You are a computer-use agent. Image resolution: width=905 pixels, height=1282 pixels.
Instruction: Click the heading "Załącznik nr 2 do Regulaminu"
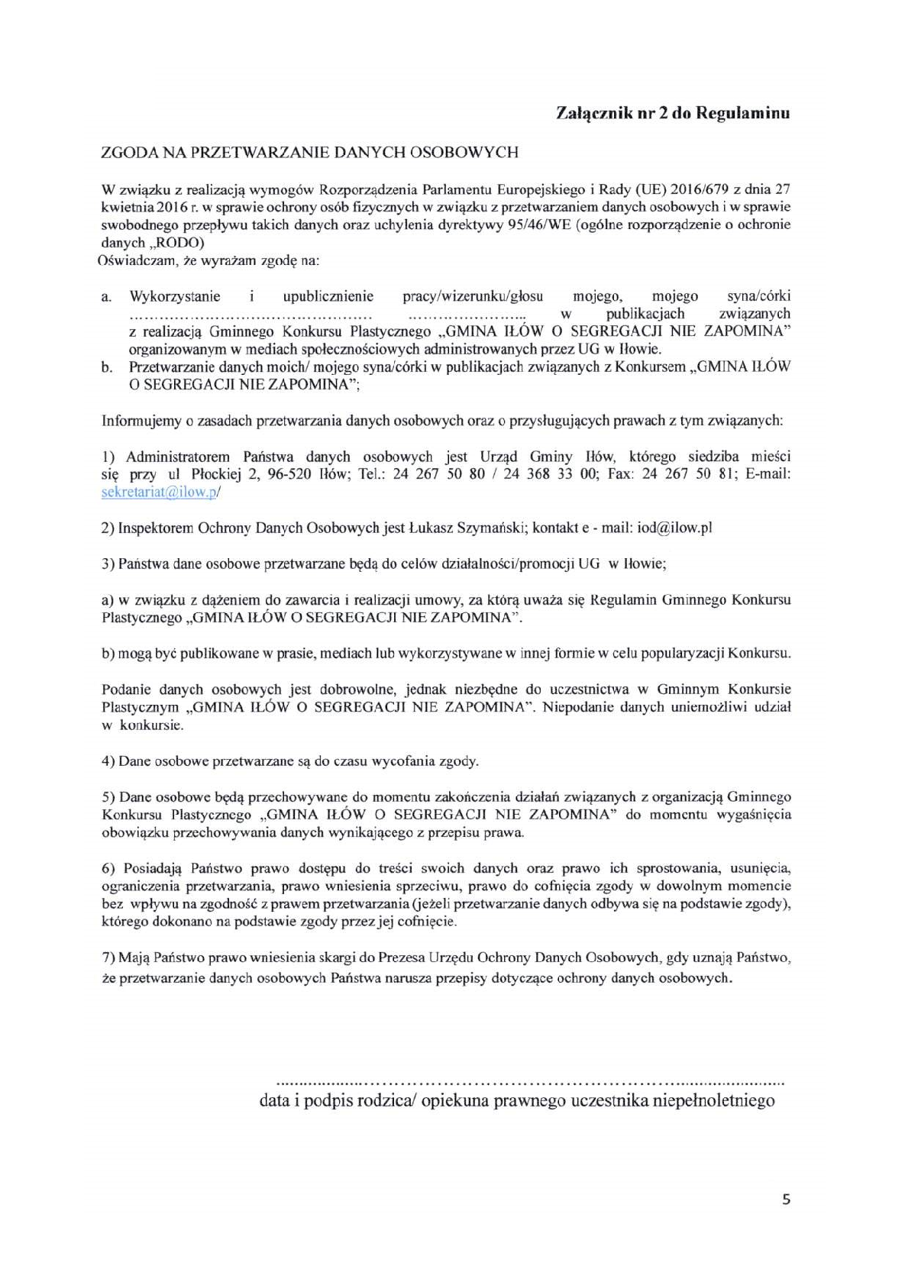pyautogui.click(x=671, y=113)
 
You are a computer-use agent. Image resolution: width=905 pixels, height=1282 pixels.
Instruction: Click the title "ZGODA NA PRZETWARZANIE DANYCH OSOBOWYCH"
pyautogui.click(x=309, y=152)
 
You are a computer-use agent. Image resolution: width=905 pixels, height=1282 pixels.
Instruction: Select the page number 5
pyautogui.click(x=786, y=1200)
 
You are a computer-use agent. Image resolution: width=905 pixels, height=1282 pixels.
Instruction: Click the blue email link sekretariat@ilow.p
pyautogui.click(x=160, y=492)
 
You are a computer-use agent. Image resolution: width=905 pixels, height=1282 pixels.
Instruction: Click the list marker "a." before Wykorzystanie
pyautogui.click(x=107, y=296)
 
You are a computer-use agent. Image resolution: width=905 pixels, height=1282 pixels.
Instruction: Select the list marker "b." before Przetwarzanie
pyautogui.click(x=107, y=367)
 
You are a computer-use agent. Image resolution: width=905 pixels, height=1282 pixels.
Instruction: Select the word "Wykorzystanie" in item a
pyautogui.click(x=175, y=296)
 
